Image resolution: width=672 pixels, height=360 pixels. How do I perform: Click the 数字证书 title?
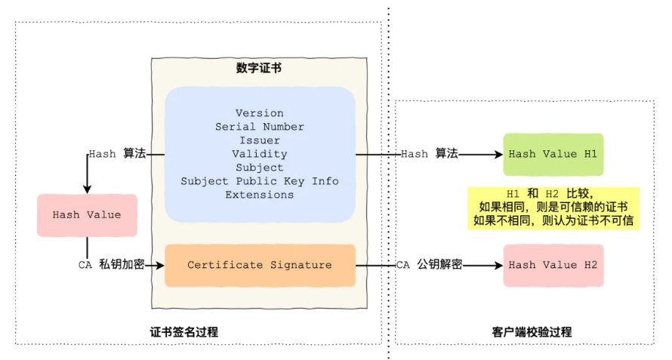coord(259,68)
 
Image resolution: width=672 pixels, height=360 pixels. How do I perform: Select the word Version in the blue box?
coord(259,113)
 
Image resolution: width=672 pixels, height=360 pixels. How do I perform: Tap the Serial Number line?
coord(259,127)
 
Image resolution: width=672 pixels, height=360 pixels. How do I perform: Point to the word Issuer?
coord(259,140)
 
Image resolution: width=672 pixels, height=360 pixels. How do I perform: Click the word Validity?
coord(259,154)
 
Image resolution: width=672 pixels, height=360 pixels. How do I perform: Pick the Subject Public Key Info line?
coord(259,181)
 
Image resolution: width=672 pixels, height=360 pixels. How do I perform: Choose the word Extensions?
coord(259,195)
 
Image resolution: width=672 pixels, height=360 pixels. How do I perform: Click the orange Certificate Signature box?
coord(260,266)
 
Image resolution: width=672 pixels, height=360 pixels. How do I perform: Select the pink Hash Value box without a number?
coord(87,215)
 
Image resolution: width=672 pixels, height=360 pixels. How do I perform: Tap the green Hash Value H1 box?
coord(553,154)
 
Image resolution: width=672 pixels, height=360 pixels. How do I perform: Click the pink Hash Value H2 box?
coord(553,266)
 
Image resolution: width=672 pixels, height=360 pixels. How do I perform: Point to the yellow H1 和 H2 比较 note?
coord(553,208)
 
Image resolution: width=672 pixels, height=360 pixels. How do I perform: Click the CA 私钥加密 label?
coord(112,265)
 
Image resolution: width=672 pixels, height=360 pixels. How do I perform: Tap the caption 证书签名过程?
coord(184,332)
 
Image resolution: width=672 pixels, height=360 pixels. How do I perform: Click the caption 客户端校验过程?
coord(532,332)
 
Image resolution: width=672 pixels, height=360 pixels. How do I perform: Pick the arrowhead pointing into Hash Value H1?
coord(498,154)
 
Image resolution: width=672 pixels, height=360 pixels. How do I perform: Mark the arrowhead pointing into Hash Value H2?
coord(498,266)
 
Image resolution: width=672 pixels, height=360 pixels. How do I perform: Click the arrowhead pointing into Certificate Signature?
coord(160,266)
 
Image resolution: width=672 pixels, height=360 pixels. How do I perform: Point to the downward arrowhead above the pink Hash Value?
coord(87,189)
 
